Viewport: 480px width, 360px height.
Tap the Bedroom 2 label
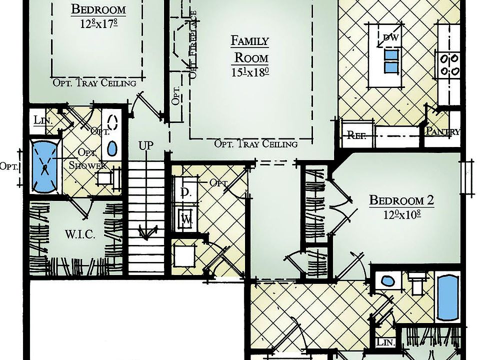tap(401, 200)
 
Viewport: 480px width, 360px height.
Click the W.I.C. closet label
tap(80, 234)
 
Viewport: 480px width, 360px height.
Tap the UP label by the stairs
tap(145, 146)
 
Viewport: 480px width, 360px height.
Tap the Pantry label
tap(442, 131)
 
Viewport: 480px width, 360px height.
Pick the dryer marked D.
tap(183, 192)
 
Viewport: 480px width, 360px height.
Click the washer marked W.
tap(185, 218)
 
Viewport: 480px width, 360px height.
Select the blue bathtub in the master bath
tap(44, 166)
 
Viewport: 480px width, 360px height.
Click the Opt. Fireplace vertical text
tap(192, 45)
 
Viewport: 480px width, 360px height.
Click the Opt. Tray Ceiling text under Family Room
tap(255, 144)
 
